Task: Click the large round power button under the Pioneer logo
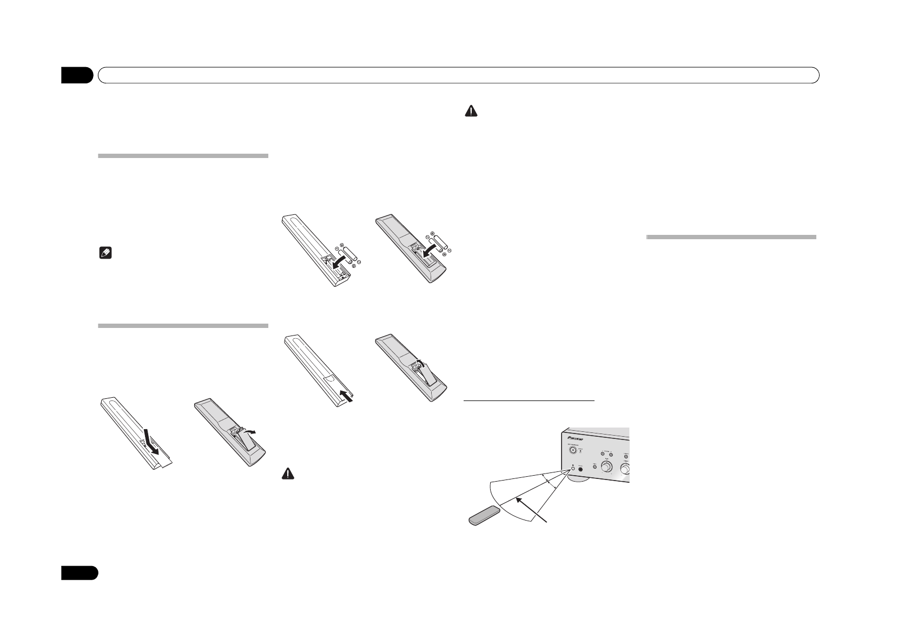571,448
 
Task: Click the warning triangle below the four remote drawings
288,472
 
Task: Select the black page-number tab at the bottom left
79,573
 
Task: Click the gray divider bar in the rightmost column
731,236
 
